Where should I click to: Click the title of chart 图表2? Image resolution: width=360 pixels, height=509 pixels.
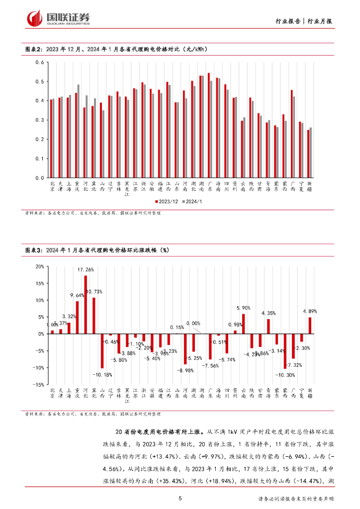point(116,49)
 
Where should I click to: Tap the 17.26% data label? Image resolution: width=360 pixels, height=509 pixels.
point(85,269)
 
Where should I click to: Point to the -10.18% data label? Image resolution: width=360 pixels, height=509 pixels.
point(100,374)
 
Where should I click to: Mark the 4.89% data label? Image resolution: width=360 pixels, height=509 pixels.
point(309,311)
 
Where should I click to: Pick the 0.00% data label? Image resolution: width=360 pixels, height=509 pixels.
point(193,323)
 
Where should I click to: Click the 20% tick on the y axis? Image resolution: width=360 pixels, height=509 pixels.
point(40,267)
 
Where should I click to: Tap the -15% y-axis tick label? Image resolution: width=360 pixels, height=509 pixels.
point(38,385)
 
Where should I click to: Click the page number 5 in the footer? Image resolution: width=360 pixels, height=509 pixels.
point(180,499)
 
